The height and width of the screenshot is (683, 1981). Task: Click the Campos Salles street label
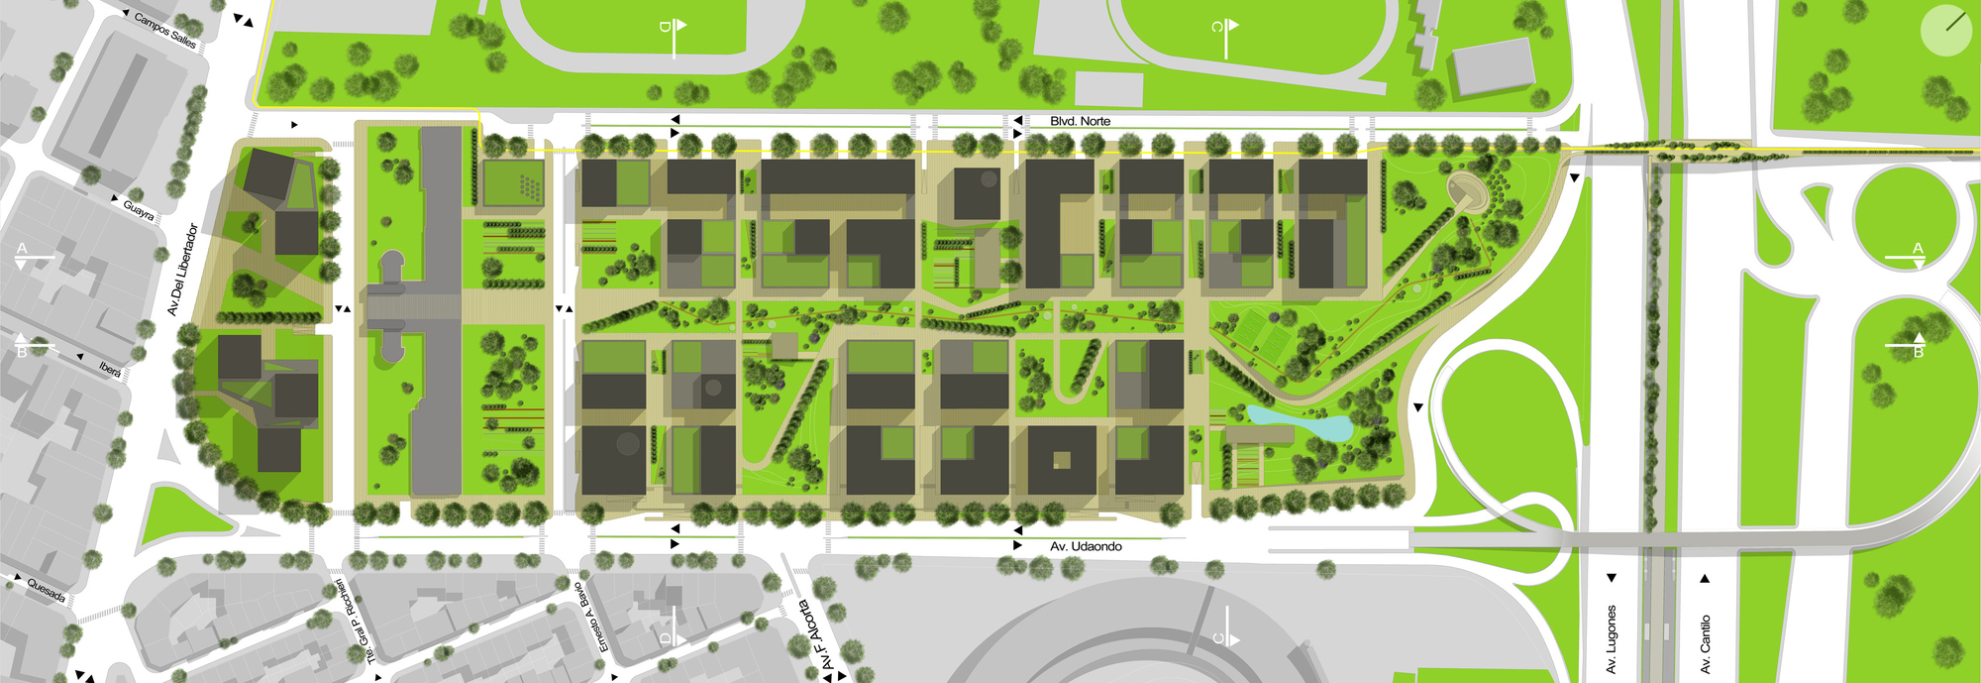coord(165,31)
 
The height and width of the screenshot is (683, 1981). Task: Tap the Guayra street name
coord(139,210)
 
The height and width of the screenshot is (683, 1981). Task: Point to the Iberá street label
coord(110,369)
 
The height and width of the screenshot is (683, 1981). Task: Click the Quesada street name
coord(47,590)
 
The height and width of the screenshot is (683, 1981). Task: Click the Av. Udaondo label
coord(1086,546)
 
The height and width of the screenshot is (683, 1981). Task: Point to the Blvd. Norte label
coord(1080,121)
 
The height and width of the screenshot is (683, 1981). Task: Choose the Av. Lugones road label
coord(1612,639)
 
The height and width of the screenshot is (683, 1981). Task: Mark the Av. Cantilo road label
coord(1705,644)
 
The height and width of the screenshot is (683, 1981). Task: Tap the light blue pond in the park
coord(1298,424)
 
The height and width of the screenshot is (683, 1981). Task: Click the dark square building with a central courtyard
coord(1062,460)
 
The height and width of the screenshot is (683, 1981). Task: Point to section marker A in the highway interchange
coord(1917,253)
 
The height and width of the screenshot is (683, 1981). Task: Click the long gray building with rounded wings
coord(416,307)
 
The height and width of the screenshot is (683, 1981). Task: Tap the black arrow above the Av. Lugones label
coord(1612,578)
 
